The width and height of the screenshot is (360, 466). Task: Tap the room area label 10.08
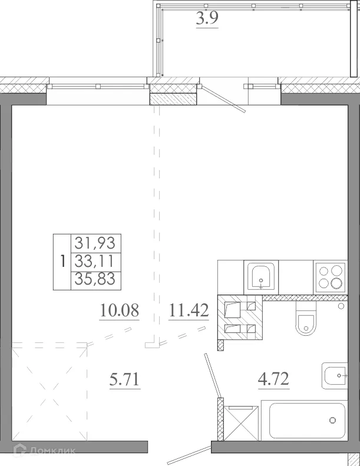(x=119, y=310)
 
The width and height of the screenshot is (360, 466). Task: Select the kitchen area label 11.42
(x=189, y=310)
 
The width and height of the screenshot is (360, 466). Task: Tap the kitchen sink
(x=259, y=276)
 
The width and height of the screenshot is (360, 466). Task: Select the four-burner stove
(x=330, y=276)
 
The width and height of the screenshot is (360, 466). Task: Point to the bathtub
(x=307, y=421)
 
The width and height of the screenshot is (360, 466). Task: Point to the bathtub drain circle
(x=333, y=421)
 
